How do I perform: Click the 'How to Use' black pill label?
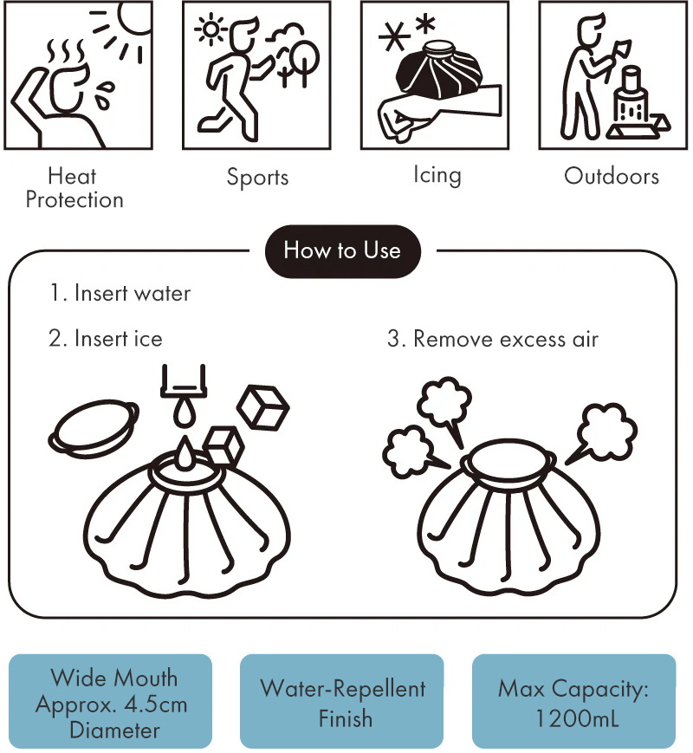point(343,251)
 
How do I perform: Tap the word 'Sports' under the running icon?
point(257,178)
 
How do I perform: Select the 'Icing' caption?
point(437,175)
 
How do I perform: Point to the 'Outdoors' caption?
point(612,176)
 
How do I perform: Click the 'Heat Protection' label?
point(74,188)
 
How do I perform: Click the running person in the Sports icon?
point(233,79)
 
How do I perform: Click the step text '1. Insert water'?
point(120,294)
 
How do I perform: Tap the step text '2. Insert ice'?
point(106,339)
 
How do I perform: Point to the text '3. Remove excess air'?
point(493,339)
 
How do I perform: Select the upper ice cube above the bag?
point(263,408)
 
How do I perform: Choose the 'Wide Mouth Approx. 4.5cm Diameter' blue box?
point(111,701)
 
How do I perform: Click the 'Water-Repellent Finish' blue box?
point(342,701)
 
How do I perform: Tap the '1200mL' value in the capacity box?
point(576,719)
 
